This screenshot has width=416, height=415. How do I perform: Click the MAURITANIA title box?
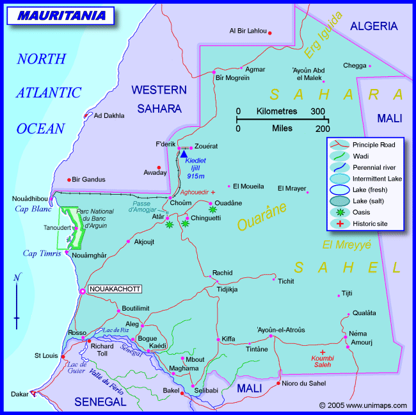point(61,15)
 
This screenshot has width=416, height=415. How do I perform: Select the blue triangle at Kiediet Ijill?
point(184,154)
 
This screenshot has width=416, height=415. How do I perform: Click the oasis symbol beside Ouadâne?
point(212,209)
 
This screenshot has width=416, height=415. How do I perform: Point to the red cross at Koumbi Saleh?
point(323,352)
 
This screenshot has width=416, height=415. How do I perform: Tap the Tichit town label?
point(285,281)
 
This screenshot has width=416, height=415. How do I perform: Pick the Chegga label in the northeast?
point(355,65)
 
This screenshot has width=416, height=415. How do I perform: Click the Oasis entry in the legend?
point(362,212)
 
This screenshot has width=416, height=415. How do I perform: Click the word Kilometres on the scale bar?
point(276,111)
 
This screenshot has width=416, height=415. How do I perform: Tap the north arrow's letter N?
point(17,277)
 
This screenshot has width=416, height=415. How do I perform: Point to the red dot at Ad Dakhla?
point(86,116)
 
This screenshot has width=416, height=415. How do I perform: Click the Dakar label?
point(19,394)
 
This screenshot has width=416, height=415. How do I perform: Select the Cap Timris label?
point(41,253)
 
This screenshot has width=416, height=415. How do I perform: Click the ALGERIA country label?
point(374,26)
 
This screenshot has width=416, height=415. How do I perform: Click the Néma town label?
point(358,334)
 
